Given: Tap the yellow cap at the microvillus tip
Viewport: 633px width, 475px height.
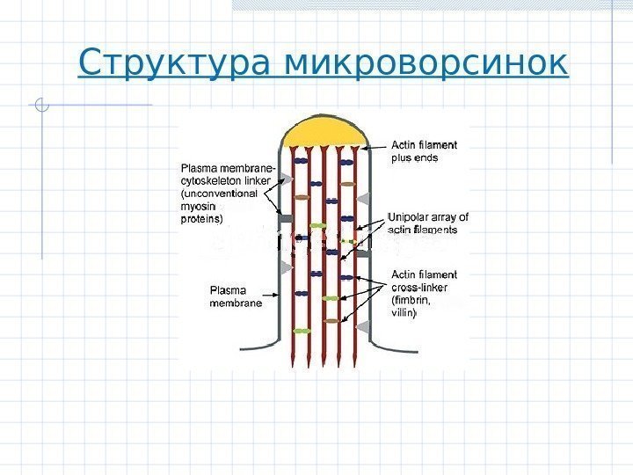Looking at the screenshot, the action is click(324, 132).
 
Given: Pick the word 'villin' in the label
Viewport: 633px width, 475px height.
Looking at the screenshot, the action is click(404, 311).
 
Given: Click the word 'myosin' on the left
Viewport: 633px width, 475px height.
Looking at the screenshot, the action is click(198, 206).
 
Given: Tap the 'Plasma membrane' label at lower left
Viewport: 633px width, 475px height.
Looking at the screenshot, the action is click(235, 296).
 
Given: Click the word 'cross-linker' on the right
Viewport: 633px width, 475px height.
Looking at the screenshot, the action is click(418, 287).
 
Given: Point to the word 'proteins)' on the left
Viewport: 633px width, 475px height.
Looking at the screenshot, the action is click(202, 218).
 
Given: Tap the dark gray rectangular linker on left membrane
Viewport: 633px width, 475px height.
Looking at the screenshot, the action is click(287, 214).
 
